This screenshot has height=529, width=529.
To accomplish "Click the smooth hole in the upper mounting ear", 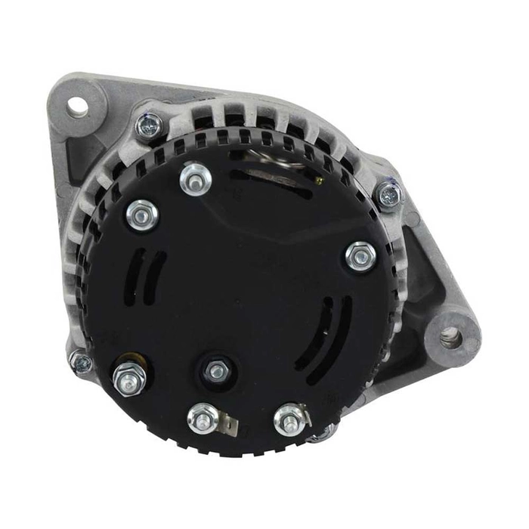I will [x=77, y=107].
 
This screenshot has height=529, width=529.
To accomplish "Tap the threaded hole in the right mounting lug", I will [x=450, y=337].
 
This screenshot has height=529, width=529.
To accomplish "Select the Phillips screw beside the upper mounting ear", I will [x=150, y=125].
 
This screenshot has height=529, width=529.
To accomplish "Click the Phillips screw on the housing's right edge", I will [x=388, y=195].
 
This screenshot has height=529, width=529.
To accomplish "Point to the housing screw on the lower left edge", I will [x=80, y=363].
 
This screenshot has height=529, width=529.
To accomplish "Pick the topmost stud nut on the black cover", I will [x=195, y=178].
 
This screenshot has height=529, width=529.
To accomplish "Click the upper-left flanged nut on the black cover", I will [x=141, y=215].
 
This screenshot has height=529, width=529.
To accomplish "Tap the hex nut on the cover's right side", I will [x=360, y=256].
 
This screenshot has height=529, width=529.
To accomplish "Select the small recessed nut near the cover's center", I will [x=217, y=370].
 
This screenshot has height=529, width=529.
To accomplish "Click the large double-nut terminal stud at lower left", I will [x=128, y=379].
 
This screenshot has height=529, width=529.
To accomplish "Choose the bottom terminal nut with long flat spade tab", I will [x=202, y=418].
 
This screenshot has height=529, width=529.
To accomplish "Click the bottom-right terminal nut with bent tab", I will [x=289, y=417].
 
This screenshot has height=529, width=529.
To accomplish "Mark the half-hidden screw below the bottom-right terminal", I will [x=323, y=433].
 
